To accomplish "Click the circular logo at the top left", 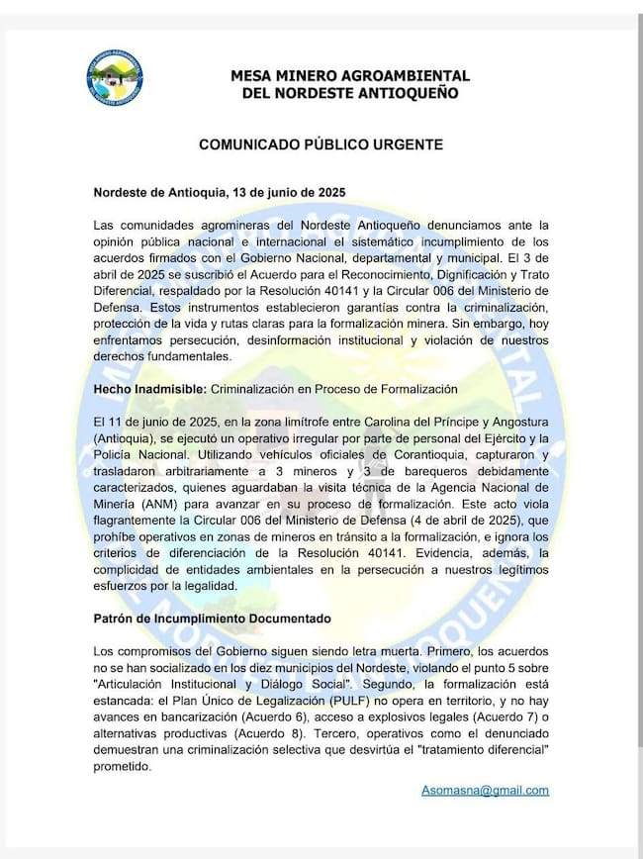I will pyautogui.click(x=115, y=79).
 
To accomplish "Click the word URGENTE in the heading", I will pyautogui.click(x=406, y=143).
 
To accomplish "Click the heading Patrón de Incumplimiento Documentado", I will pyautogui.click(x=212, y=619).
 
